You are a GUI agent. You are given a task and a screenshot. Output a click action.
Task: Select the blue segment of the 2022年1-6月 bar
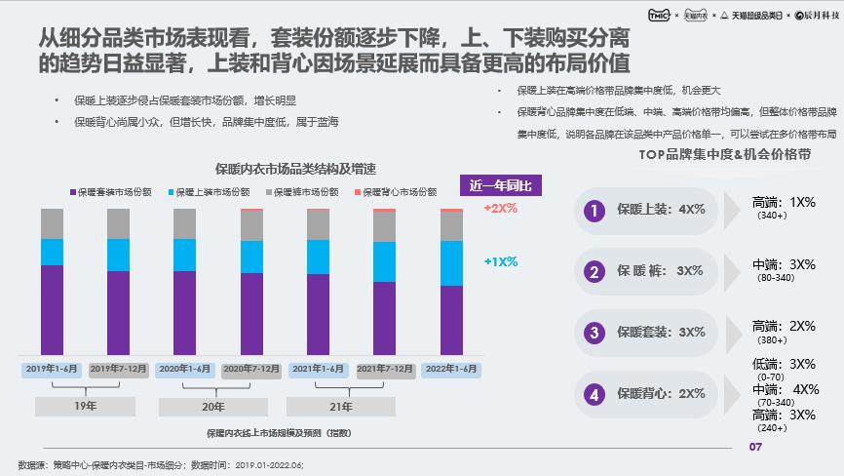(x=451, y=262)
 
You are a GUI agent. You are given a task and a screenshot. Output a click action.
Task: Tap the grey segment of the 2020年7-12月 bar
(x=251, y=225)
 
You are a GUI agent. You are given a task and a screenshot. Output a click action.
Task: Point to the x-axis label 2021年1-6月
(x=318, y=369)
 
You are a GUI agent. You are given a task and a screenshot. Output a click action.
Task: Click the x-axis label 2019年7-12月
(x=119, y=369)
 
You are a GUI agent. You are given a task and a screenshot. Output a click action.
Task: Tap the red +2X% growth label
(x=500, y=209)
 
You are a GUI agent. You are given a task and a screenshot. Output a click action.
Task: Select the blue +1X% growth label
(x=500, y=261)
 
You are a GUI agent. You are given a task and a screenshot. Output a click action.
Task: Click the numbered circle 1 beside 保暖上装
(x=592, y=210)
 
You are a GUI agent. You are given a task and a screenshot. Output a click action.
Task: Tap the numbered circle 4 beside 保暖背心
(x=592, y=394)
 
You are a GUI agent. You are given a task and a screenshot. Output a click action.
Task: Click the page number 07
(x=753, y=448)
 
